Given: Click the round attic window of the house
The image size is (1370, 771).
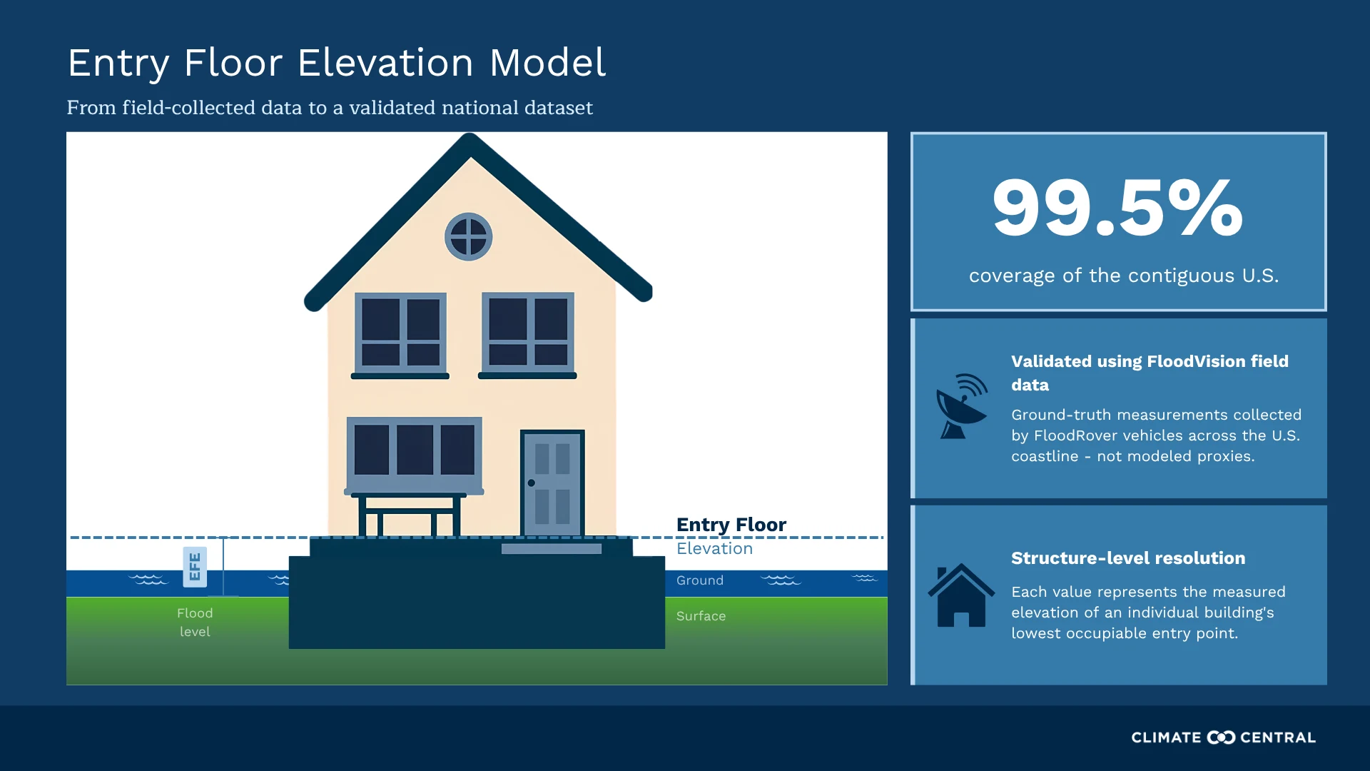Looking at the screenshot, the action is pos(468,236).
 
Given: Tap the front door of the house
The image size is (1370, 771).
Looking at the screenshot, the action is pos(552,483).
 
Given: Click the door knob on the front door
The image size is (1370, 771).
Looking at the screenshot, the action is pos(532,483).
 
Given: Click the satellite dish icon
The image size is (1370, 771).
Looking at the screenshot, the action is pos(962,406).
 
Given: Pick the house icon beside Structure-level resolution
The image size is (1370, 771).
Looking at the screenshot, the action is pos(961,595).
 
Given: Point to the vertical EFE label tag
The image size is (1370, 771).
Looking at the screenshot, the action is pos(195,567).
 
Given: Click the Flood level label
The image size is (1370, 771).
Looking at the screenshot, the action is pos(195,622).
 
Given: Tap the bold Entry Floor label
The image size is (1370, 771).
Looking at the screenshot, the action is pos(731,525).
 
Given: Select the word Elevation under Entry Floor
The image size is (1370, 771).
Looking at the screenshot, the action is pos(714,548).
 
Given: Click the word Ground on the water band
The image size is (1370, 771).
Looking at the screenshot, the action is pos(700,580).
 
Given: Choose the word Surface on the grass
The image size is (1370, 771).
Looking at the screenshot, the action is pos(701,616).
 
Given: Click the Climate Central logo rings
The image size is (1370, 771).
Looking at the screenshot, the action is pos(1221,737).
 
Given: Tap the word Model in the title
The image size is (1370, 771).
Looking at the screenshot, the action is pos(548,63).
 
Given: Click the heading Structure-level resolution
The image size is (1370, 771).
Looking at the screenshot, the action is pos(1128,558).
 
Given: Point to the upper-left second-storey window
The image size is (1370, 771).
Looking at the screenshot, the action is pos(401,333).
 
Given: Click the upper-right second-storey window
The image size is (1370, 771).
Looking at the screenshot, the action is pos(528,332).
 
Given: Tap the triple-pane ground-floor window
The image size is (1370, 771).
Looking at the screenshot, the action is pos(415,452).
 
